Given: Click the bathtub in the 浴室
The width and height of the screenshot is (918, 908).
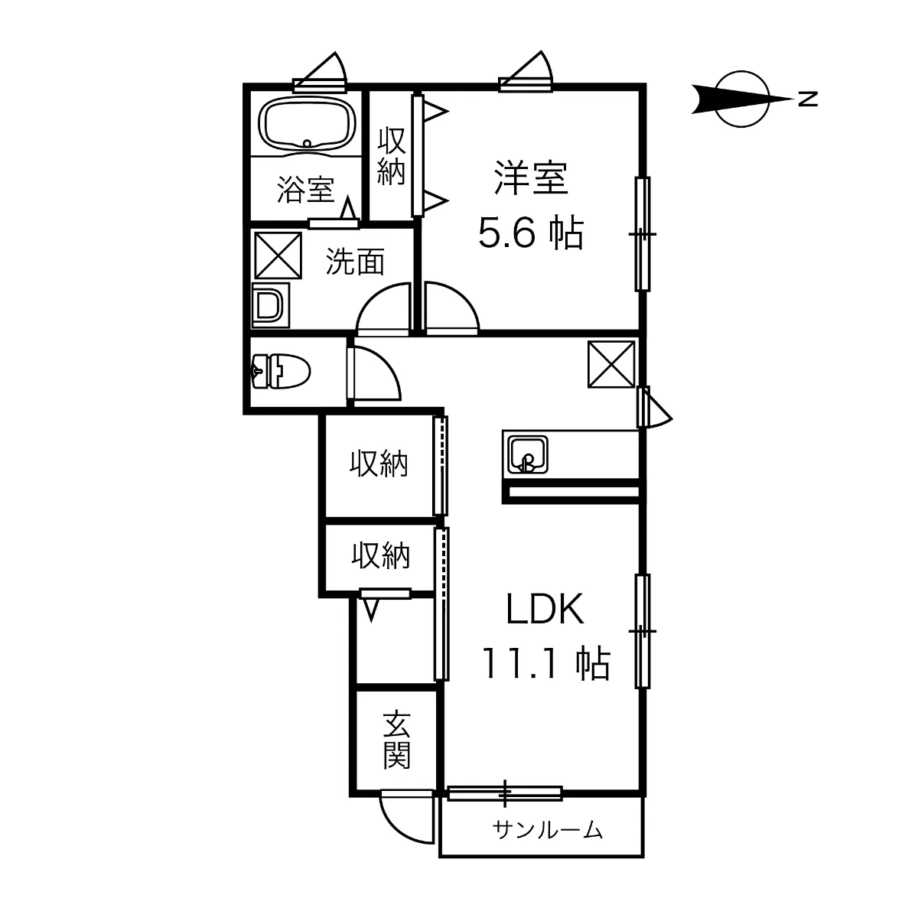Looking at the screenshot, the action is point(307,124).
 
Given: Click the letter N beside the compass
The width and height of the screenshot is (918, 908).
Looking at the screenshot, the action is point(806,99).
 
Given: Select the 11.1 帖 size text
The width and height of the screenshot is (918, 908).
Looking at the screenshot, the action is point(545,662).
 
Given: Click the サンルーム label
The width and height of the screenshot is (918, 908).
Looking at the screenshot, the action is point(549,829).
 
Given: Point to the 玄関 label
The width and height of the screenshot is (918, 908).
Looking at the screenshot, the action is point(397,740).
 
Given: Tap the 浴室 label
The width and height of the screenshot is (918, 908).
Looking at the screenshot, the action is point(305,190).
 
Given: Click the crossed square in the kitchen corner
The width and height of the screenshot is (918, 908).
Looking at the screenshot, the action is point(611,365).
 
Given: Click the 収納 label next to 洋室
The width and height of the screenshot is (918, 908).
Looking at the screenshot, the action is point(391,156).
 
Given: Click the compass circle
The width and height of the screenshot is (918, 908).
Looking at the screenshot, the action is point(744,99).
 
